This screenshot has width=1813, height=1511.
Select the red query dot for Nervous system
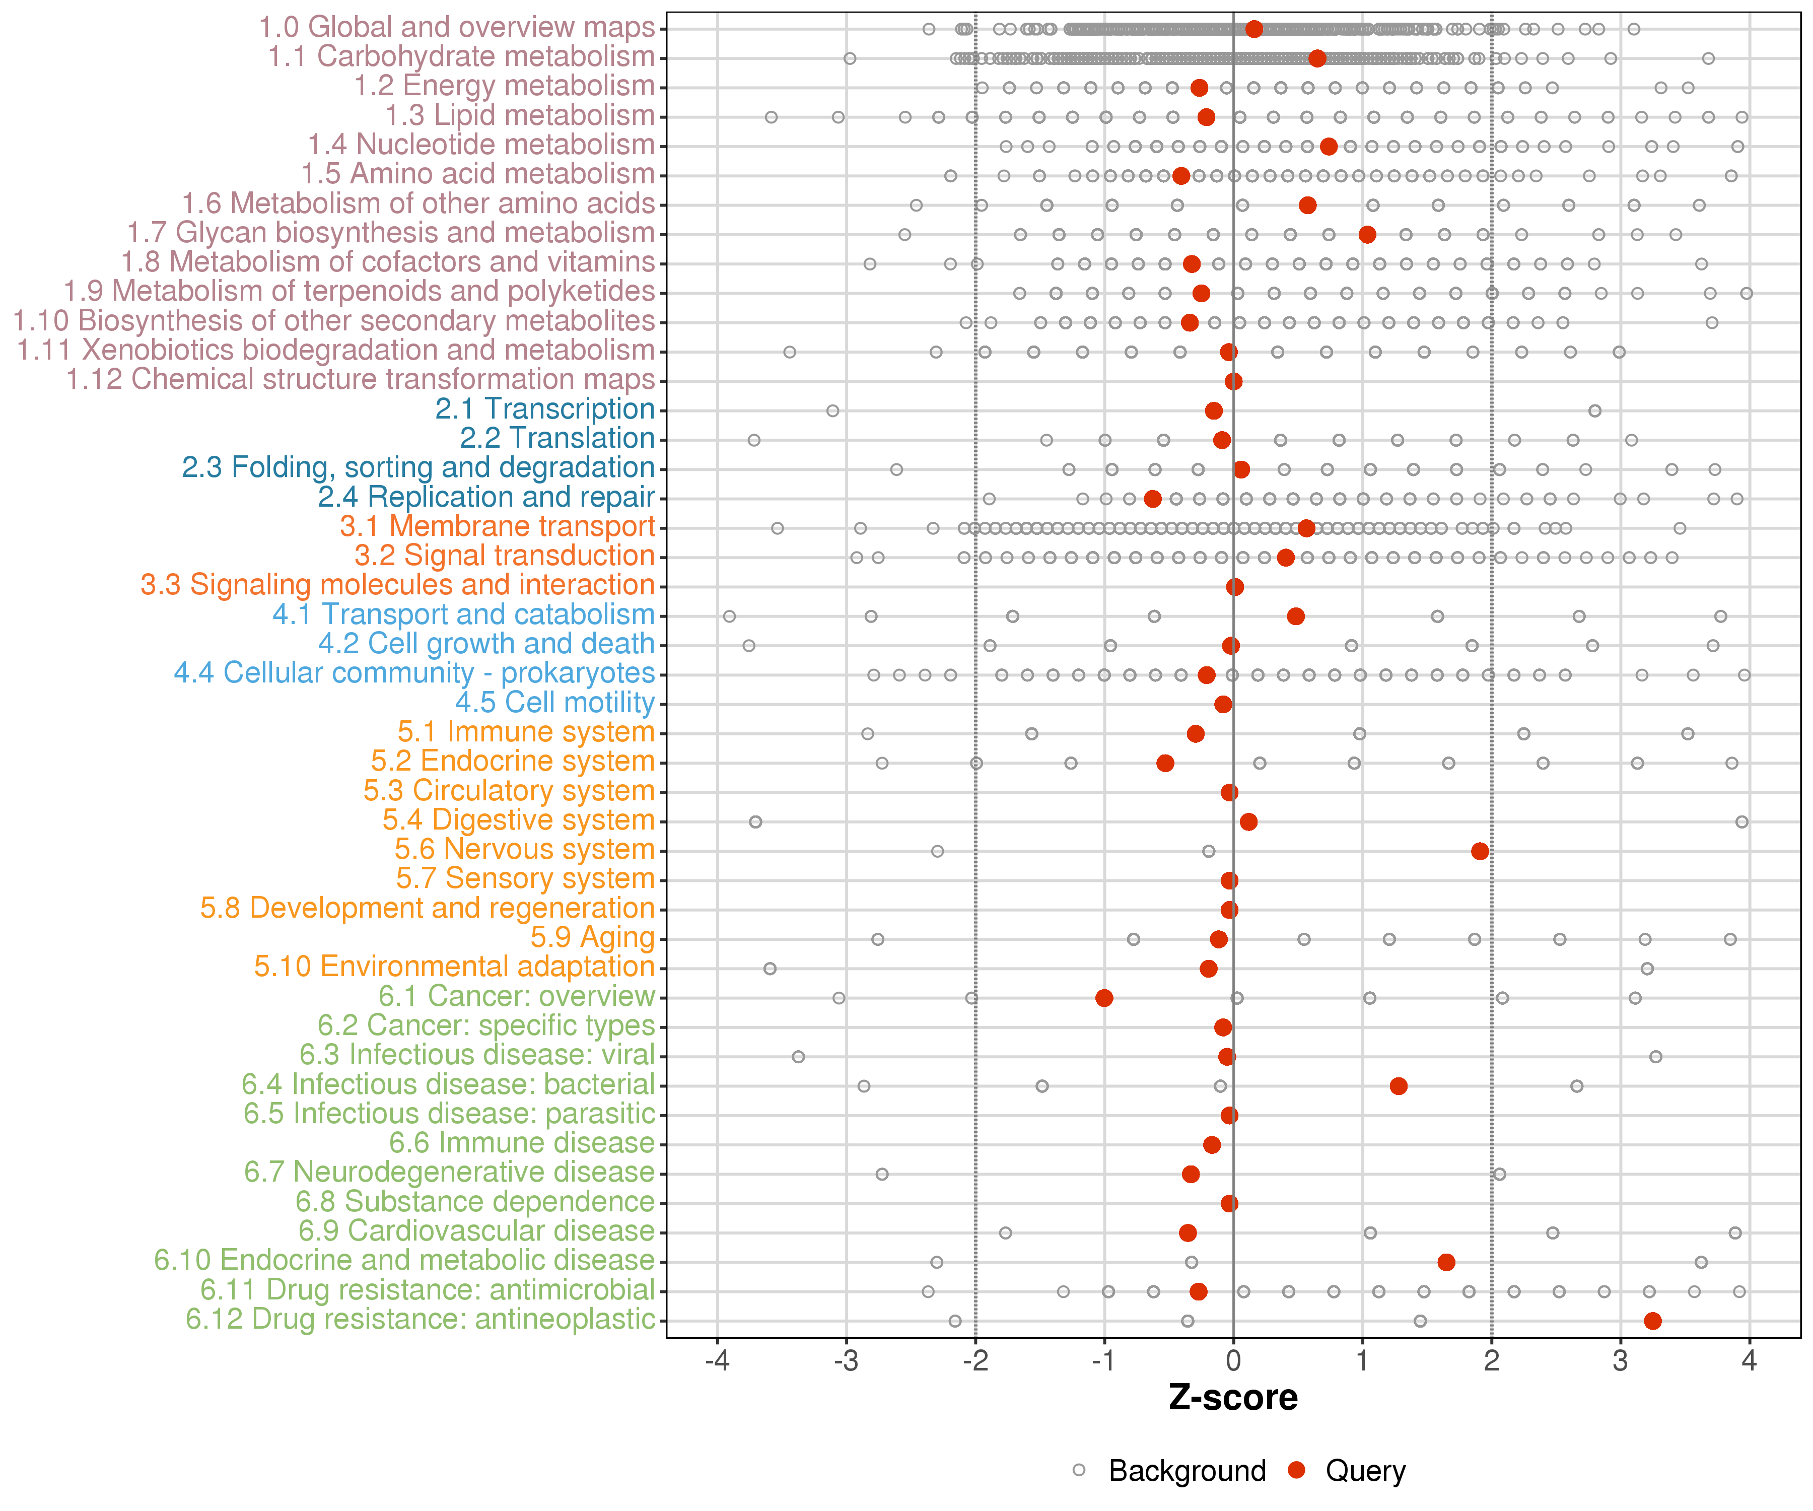[1480, 851]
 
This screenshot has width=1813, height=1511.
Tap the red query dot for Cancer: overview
[1104, 998]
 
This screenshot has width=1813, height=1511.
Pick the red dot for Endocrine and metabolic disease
[1446, 1262]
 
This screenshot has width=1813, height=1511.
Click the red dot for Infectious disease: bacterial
[1399, 1086]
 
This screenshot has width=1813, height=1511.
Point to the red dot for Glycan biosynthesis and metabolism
[1367, 235]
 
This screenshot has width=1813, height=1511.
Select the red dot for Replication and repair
[1153, 499]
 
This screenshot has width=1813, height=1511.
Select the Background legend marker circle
[1079, 1470]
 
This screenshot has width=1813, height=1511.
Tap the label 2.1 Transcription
[545, 409]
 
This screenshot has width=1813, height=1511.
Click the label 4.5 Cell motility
[555, 703]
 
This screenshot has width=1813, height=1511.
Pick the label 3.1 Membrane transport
[497, 527]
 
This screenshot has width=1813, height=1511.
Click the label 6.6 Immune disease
[521, 1143]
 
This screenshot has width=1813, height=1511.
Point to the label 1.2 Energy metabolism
[504, 86]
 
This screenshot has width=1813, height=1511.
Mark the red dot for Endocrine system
[1165, 763]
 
